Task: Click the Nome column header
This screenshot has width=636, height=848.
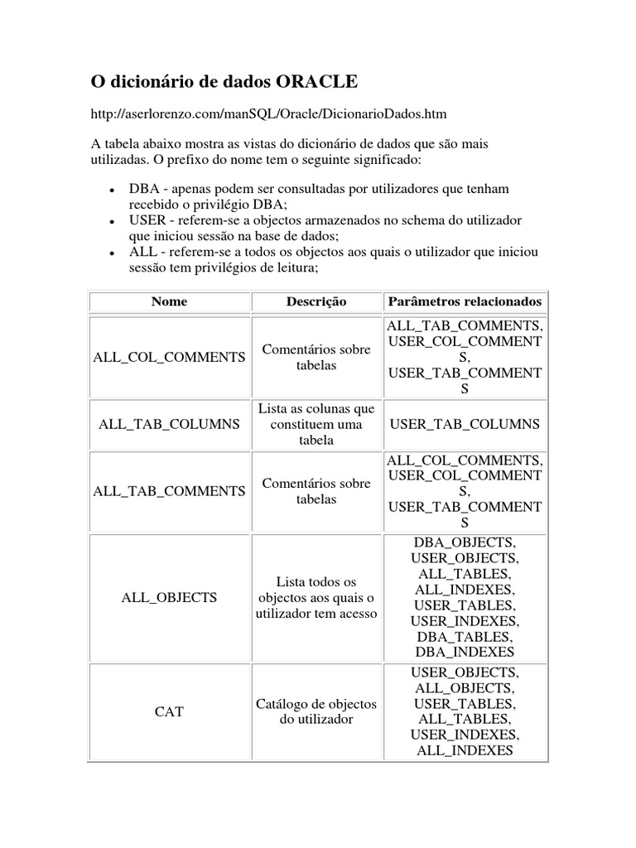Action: (169, 301)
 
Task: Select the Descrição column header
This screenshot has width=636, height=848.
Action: (316, 301)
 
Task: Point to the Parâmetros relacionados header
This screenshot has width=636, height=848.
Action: (465, 301)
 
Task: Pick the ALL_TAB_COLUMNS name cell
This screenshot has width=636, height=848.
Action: (169, 424)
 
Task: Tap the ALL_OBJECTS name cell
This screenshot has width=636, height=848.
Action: (169, 597)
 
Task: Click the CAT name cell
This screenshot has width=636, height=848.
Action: (169, 711)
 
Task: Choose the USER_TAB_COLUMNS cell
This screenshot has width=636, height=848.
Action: (465, 424)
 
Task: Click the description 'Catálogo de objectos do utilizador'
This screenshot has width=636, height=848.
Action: (316, 711)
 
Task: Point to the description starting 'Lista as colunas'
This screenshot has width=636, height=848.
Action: (316, 424)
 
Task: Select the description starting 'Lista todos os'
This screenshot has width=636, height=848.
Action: (316, 597)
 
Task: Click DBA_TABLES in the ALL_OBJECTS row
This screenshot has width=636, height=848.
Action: (465, 637)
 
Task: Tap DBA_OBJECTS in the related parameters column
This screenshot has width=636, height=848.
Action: (465, 542)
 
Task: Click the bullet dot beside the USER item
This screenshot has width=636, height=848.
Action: (111, 222)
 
